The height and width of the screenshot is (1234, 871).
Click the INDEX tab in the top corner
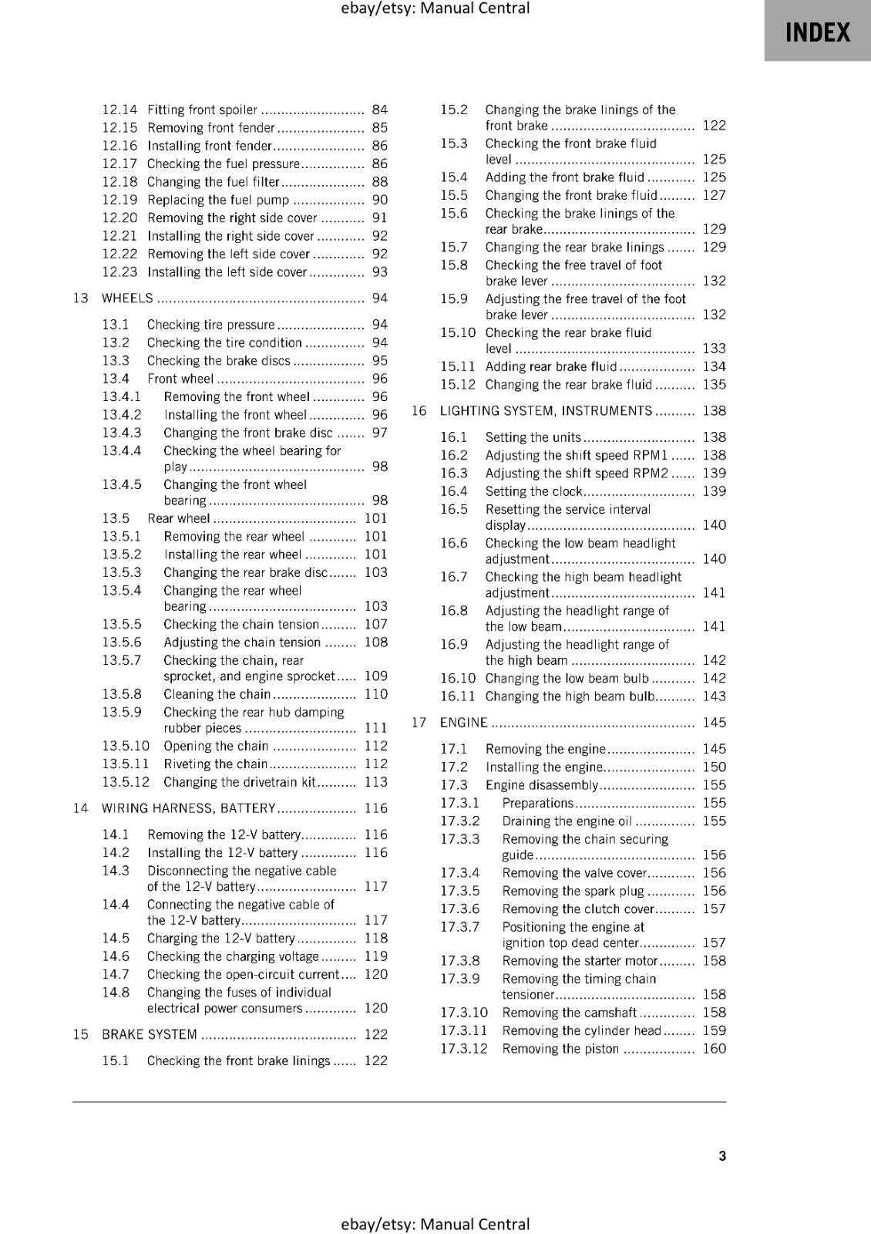click(817, 32)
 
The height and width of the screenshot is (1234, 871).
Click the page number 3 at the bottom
click(721, 1155)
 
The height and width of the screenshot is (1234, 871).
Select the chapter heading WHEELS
click(127, 298)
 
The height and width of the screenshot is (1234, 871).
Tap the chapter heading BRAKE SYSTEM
click(150, 1034)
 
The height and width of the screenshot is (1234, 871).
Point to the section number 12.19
click(119, 200)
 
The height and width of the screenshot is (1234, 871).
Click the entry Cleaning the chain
click(217, 694)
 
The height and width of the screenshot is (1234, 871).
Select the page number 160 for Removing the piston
click(714, 1049)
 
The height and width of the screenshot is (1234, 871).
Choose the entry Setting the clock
click(533, 491)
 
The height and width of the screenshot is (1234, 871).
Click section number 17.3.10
click(464, 1013)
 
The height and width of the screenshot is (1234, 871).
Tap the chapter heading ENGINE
click(463, 723)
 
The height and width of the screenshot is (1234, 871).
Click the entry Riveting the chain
click(215, 764)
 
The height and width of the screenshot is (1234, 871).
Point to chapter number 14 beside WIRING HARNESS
click(80, 808)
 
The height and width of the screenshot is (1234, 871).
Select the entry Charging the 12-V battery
click(220, 939)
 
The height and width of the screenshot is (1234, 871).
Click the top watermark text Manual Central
click(435, 8)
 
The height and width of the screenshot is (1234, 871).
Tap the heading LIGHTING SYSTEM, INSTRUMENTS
click(546, 411)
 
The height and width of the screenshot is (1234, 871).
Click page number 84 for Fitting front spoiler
click(379, 110)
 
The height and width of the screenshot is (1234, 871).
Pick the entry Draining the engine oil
click(567, 821)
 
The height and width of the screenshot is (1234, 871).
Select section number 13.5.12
click(126, 782)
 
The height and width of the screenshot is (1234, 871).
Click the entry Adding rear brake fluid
click(550, 367)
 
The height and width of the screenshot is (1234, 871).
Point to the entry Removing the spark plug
click(573, 892)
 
